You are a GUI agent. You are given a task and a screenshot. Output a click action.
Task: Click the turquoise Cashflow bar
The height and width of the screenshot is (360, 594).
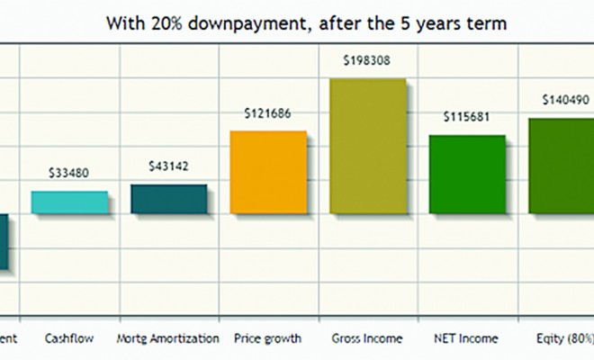coord(69,202)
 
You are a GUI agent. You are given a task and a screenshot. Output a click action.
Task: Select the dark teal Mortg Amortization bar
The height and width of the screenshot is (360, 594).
coord(168,199)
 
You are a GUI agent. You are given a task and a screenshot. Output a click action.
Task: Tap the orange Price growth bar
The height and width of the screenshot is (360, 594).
coord(268,172)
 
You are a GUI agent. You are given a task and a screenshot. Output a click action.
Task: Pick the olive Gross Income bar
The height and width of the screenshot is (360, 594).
coord(368,146)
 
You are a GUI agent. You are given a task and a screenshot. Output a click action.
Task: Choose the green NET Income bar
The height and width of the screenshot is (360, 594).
coord(466,174)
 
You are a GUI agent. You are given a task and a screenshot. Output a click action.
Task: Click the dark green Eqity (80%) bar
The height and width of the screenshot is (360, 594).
coord(561,166)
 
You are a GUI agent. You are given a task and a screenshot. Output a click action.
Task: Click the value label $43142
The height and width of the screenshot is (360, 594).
coord(168,166)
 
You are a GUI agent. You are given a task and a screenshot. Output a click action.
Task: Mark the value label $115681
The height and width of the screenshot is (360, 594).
coord(466,118)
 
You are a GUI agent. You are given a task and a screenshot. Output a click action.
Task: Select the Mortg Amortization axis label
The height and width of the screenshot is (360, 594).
coord(168,339)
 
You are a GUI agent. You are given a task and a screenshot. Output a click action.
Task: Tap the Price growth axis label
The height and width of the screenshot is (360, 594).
coord(267,339)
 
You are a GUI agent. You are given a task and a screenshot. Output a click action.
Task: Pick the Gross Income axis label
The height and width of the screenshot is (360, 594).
coord(367,339)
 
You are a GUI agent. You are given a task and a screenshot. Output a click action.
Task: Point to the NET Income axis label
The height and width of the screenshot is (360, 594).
coord(466,339)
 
